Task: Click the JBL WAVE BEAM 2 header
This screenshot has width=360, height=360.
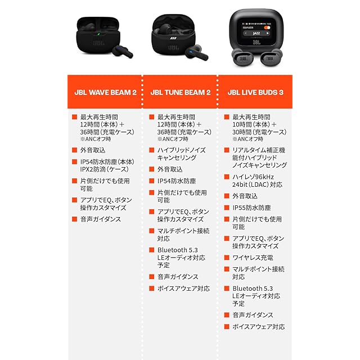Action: (x=105, y=92)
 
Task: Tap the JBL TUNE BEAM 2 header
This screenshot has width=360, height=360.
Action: (x=181, y=92)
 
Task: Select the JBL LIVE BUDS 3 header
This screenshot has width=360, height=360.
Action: (x=255, y=92)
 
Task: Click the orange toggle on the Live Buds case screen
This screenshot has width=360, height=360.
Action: (x=267, y=28)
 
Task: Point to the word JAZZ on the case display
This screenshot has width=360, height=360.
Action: (x=256, y=33)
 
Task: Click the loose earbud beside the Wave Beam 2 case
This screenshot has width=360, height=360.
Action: (x=123, y=51)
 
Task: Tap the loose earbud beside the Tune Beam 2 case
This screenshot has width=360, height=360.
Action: (x=197, y=52)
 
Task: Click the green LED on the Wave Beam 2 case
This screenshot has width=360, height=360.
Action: (x=98, y=34)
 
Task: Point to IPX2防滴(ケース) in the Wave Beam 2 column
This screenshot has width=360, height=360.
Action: (x=104, y=169)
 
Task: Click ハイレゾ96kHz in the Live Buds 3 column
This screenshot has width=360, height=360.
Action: (x=253, y=177)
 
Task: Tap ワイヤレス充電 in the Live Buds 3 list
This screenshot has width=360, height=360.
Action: (x=253, y=258)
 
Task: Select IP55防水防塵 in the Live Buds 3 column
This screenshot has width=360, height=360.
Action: (x=251, y=208)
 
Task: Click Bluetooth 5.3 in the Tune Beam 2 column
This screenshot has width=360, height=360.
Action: (x=178, y=250)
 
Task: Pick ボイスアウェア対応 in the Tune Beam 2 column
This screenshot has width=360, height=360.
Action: (x=184, y=289)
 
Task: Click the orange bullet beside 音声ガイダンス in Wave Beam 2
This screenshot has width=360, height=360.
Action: (x=74, y=219)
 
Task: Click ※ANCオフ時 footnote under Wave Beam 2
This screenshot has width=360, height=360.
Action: (x=95, y=139)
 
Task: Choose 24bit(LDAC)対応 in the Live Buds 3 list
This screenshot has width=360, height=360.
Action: (x=258, y=184)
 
